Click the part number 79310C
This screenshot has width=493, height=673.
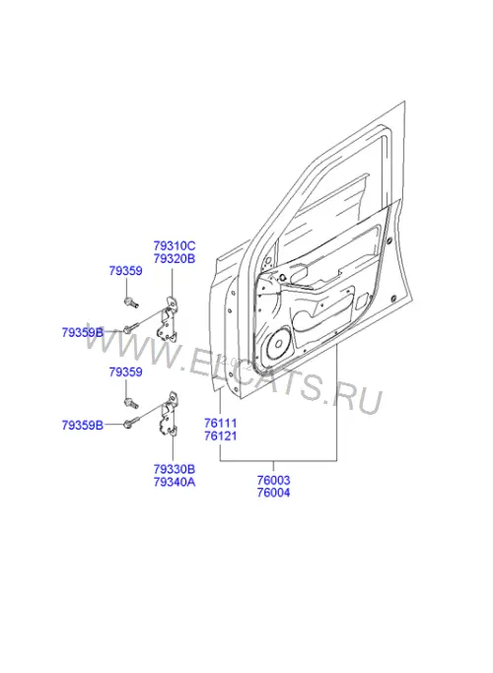tap(175, 246)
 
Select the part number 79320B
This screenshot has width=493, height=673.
tap(175, 259)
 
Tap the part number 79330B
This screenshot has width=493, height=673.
tap(175, 469)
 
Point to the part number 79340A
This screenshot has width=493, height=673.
tap(175, 482)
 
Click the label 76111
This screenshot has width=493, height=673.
tap(221, 423)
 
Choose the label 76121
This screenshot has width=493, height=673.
tap(221, 437)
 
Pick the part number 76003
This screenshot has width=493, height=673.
tap(273, 480)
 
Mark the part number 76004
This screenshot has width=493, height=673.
tap(273, 493)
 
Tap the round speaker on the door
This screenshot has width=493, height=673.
tap(278, 344)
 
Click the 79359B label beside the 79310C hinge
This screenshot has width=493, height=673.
tap(83, 333)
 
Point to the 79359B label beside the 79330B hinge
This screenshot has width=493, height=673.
tap(83, 426)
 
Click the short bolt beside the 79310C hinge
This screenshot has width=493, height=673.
tap(131, 303)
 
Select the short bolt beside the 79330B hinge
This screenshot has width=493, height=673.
tap(131, 403)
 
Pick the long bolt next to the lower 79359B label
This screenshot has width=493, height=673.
tap(132, 422)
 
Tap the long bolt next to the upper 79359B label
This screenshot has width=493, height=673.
tap(132, 328)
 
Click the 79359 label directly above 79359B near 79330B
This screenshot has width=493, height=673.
tap(125, 372)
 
